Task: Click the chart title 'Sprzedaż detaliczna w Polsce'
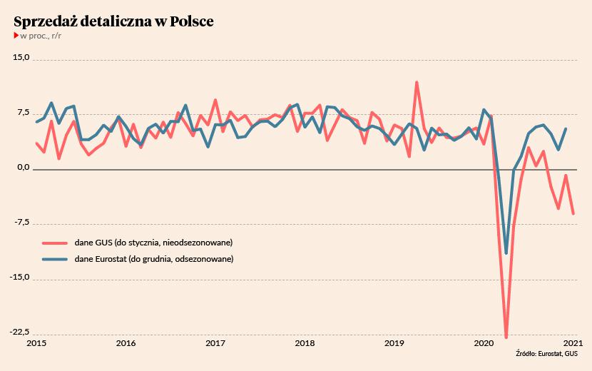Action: pyautogui.click(x=113, y=21)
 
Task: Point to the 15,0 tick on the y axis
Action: pyautogui.click(x=21, y=58)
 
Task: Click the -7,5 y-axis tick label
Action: pyautogui.click(x=21, y=223)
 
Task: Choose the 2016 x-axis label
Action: pyautogui.click(x=126, y=343)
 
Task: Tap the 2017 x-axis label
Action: pyautogui.click(x=215, y=343)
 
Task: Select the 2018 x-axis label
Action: pyautogui.click(x=305, y=343)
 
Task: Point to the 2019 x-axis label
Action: pyautogui.click(x=394, y=343)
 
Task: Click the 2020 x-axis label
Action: pyautogui.click(x=484, y=343)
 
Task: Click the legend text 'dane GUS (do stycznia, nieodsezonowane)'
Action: pyautogui.click(x=153, y=243)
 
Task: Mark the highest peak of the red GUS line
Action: pyautogui.click(x=417, y=83)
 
